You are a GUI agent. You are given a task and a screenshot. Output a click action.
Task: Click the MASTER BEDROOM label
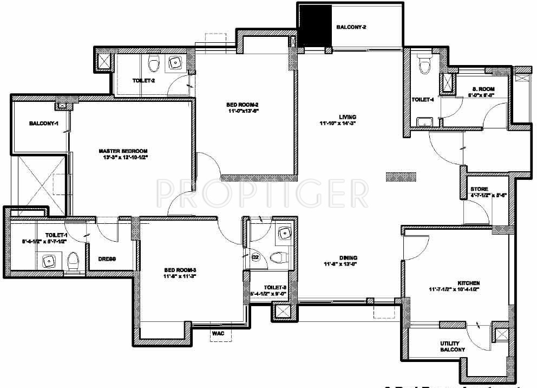[123, 151]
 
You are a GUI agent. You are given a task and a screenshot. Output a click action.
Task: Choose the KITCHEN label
[469, 283]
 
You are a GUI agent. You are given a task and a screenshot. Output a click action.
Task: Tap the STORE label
[479, 189]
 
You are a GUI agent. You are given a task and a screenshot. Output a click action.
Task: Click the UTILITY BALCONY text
[453, 346]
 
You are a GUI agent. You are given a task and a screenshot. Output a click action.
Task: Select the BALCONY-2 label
[352, 27]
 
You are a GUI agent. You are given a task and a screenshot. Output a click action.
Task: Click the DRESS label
[107, 259]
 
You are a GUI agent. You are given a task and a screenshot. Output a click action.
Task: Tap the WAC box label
[218, 333]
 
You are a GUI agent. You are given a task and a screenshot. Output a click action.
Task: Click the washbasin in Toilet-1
[50, 261]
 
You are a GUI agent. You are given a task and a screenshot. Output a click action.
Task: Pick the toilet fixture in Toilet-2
[155, 64]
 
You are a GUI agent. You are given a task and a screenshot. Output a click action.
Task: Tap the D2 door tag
[256, 256]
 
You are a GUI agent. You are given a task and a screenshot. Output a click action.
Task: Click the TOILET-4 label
[423, 100]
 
